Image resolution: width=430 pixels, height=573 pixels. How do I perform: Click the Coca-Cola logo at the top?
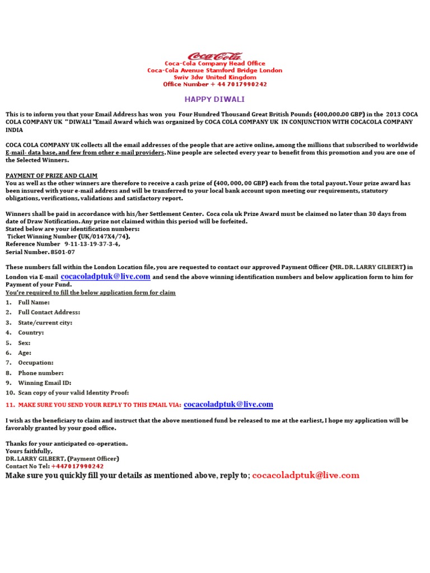215,56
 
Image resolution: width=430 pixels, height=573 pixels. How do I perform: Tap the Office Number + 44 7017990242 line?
215,84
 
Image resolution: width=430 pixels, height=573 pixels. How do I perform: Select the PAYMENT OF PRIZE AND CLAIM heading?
52,176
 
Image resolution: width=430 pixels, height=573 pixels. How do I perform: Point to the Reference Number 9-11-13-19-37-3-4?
63,244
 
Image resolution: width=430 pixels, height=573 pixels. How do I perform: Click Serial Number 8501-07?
40,252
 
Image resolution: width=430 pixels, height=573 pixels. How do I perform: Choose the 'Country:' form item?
31,332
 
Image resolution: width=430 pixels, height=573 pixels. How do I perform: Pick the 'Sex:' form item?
24,342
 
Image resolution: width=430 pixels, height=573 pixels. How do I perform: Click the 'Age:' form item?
25,353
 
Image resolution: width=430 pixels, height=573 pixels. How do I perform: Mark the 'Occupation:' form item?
36,363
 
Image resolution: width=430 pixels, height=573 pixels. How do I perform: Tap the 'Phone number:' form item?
41,373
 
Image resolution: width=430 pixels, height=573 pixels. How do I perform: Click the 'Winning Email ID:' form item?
45,383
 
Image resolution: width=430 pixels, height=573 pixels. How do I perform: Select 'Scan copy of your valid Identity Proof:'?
73,393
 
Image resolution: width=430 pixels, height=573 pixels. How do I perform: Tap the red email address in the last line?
306,476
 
